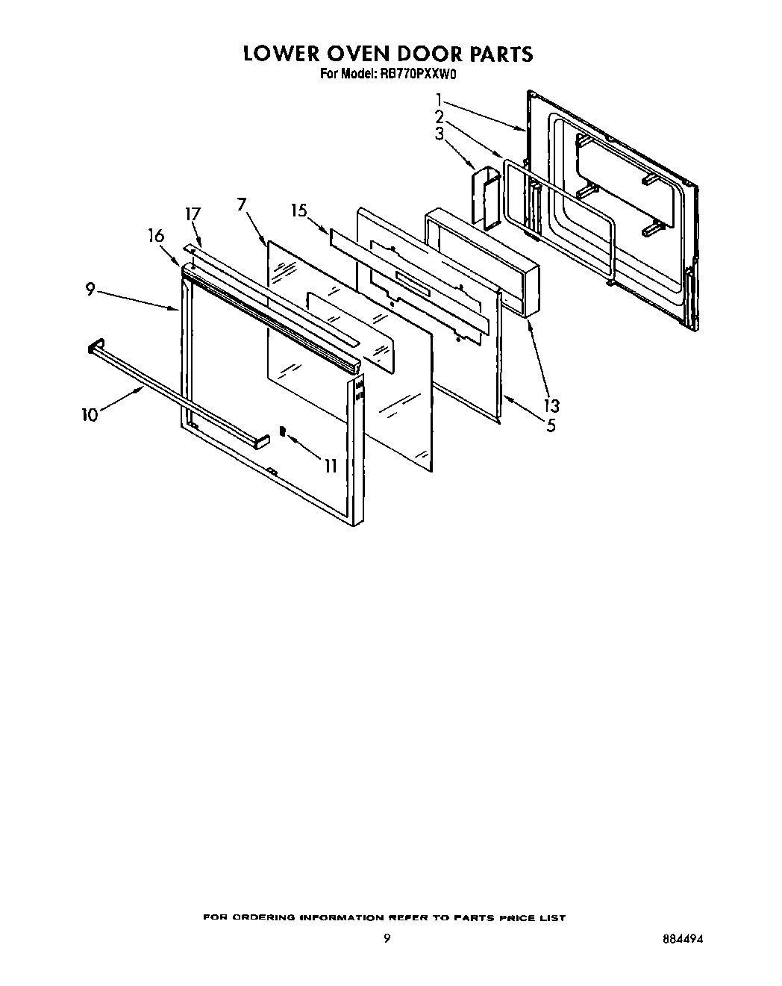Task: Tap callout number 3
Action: [x=440, y=134]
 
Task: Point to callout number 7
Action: [x=241, y=205]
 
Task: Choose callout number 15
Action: [x=299, y=211]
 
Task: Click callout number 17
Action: [x=193, y=214]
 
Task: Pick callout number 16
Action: [x=156, y=237]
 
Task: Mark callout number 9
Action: [x=90, y=290]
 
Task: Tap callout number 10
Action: [x=90, y=414]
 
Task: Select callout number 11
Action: [x=330, y=466]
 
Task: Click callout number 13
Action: [x=551, y=406]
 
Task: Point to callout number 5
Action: [x=551, y=425]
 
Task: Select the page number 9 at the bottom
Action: [x=387, y=939]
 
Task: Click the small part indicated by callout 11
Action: [x=283, y=431]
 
